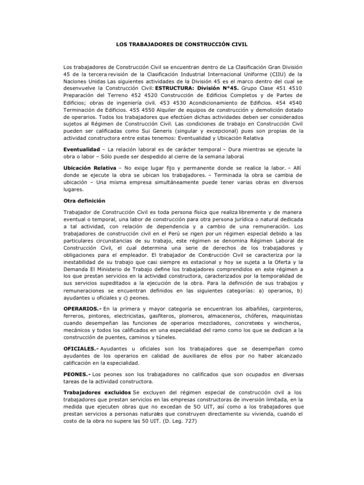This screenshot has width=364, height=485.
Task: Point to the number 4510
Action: coord(292,88)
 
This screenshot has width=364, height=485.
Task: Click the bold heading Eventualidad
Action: coord(82,149)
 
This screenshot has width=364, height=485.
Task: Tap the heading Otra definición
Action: coord(84,201)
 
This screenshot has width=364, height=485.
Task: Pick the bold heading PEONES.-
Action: coord(77,374)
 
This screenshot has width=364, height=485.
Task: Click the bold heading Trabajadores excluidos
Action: coord(98,392)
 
